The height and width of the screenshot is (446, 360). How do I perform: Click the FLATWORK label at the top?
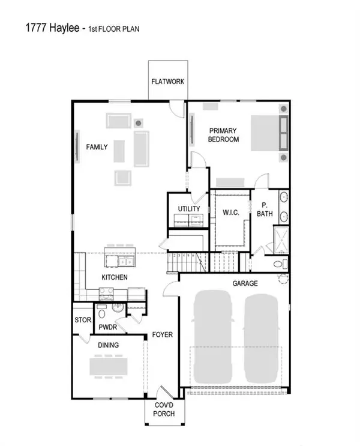coord(167,82)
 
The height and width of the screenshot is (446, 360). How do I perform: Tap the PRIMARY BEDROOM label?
coord(223,135)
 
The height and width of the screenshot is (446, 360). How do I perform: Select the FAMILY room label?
coord(97,146)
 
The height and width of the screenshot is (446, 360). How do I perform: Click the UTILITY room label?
coord(188,209)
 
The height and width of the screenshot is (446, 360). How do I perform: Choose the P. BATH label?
coord(264,209)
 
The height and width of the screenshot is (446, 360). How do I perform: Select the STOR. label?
coord(82,321)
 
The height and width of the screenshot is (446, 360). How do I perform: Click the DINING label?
coord(108,345)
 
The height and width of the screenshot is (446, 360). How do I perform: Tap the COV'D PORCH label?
coord(164,409)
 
